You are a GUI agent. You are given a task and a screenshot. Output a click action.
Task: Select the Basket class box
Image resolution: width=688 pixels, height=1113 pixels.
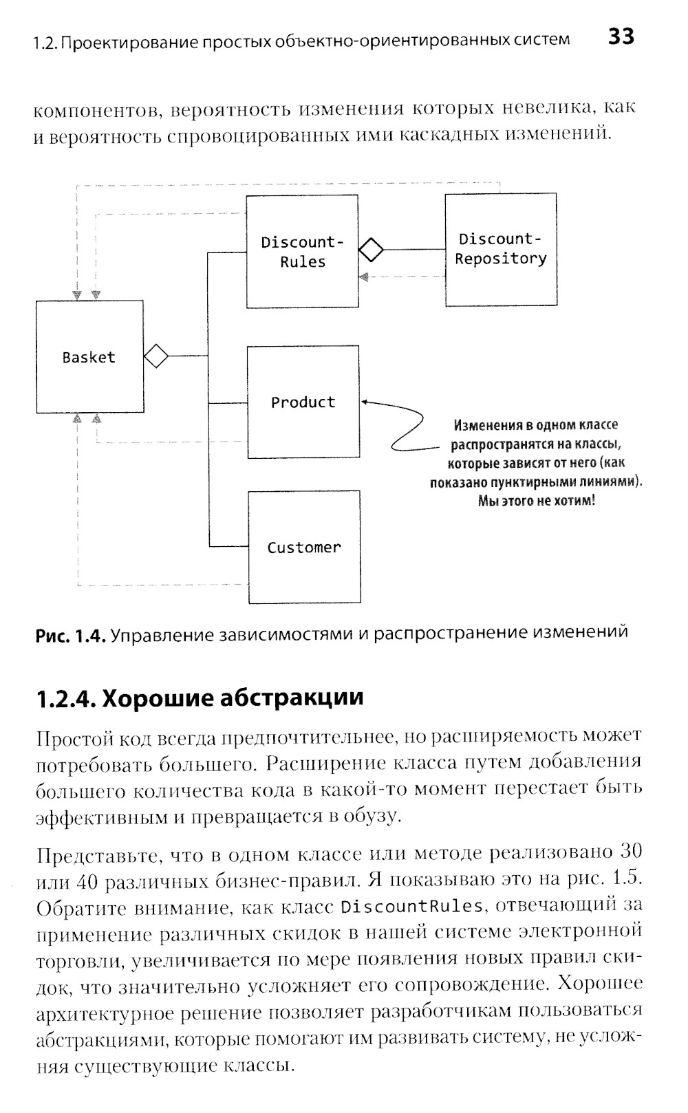coord(90,356)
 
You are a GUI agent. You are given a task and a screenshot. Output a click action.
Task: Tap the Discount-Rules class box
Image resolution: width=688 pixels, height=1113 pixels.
coord(302,251)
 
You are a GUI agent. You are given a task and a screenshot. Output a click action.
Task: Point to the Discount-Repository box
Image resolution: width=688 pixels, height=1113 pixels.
coord(500,249)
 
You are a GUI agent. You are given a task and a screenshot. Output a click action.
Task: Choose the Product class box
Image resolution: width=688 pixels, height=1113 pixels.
coord(303,402)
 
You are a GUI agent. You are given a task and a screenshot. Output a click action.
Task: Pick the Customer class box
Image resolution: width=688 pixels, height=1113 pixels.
coord(303,547)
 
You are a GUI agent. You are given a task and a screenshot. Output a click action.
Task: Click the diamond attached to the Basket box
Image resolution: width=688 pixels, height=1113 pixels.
coord(156,356)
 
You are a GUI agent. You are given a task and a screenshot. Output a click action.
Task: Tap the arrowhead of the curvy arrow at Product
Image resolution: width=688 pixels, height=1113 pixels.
coord(365,402)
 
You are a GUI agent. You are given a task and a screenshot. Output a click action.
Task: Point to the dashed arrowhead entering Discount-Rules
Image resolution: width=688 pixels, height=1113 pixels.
coord(364,277)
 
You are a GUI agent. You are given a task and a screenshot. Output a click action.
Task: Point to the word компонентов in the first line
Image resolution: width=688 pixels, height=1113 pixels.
coord(96,110)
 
